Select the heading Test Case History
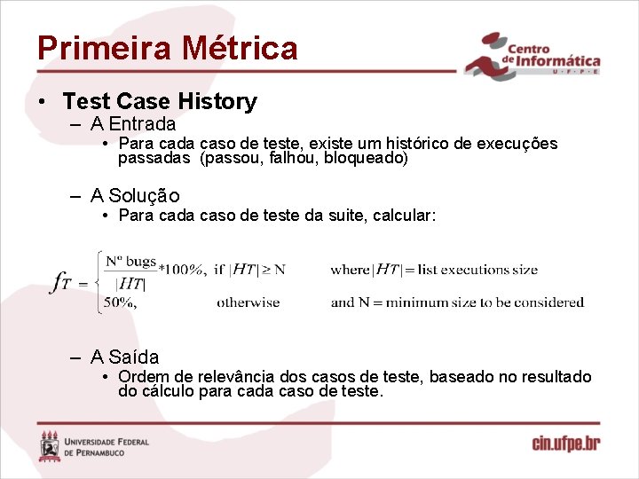pyautogui.click(x=160, y=102)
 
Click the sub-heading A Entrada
pyautogui.click(x=133, y=124)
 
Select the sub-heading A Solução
pyautogui.click(x=135, y=195)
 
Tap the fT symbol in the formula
pyautogui.click(x=62, y=282)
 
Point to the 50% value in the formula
pyautogui.click(x=119, y=302)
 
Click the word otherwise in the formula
pyautogui.click(x=248, y=302)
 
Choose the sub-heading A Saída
pyautogui.click(x=124, y=357)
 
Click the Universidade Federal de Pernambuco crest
pyautogui.click(x=50, y=445)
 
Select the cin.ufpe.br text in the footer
pyautogui.click(x=566, y=443)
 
